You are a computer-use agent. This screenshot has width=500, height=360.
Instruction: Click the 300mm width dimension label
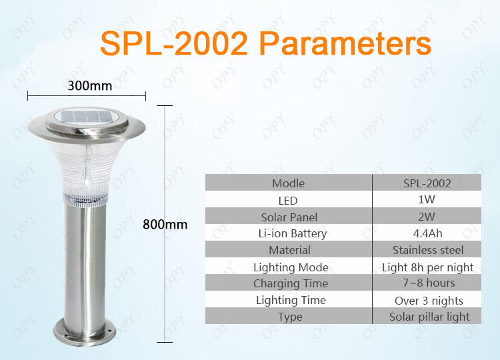coord(90,86)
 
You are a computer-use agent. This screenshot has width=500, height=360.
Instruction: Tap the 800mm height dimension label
coord(165,225)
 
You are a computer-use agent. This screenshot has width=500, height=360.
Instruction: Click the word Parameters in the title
coord(345,43)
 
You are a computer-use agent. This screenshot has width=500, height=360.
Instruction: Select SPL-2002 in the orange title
coord(174,43)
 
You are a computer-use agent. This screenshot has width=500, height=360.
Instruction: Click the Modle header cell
coord(288,183)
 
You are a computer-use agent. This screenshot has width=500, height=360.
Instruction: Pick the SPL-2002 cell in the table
coord(427,183)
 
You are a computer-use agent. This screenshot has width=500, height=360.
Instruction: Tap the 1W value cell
coord(427,199)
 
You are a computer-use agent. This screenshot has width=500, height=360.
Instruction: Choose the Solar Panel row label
coord(289,217)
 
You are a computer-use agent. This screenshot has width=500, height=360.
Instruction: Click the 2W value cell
coord(427,217)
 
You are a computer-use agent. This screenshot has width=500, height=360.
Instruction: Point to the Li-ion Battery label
coord(293,234)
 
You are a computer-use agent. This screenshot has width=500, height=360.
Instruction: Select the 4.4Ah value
coord(427,233)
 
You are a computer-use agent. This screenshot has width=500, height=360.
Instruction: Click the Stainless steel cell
coord(428,250)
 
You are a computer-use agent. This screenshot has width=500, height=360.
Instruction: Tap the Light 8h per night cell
coord(427,267)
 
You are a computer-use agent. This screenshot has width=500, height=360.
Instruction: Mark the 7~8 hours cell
coord(429,283)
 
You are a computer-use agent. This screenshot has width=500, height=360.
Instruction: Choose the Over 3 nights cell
coord(429,301)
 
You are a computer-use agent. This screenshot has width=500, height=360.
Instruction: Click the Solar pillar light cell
coord(429,317)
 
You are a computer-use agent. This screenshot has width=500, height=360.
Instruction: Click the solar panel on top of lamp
coord(86,117)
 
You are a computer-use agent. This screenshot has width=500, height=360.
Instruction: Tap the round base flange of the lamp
coord(85,333)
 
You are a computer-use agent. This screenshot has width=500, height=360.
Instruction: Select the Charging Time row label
coord(291,284)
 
